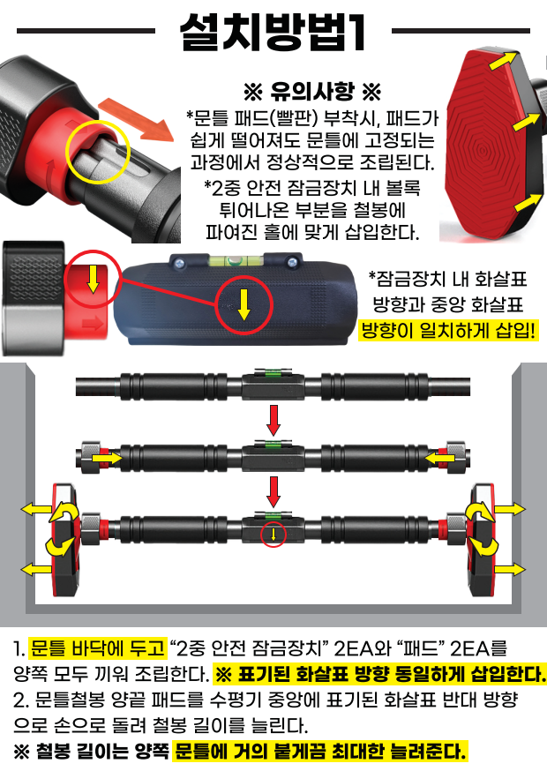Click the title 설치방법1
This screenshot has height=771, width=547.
click(x=273, y=32)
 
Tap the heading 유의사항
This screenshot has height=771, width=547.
click(x=312, y=91)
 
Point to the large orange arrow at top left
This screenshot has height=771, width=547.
click(x=136, y=119)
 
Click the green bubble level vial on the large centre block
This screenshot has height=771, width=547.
click(x=235, y=260)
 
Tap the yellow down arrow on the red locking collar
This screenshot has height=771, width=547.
click(x=93, y=280)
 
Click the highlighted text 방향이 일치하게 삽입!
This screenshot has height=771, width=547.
click(x=447, y=330)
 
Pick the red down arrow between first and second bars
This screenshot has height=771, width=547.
click(x=273, y=421)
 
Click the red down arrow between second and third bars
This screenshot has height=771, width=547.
click(x=273, y=491)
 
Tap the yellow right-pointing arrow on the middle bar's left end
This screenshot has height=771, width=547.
click(x=108, y=458)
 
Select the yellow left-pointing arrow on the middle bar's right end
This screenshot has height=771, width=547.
click(x=438, y=458)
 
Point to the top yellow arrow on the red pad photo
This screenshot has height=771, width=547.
click(x=503, y=62)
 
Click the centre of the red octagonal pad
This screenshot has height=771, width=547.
click(x=483, y=148)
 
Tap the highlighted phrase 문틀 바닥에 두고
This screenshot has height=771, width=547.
click(x=97, y=647)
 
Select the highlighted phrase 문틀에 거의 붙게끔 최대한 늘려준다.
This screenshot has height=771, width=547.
click(x=320, y=752)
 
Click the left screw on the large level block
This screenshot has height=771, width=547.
click(x=178, y=263)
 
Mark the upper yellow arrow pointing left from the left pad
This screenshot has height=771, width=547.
click(x=36, y=509)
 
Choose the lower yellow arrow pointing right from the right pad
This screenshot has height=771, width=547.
click(x=510, y=569)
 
